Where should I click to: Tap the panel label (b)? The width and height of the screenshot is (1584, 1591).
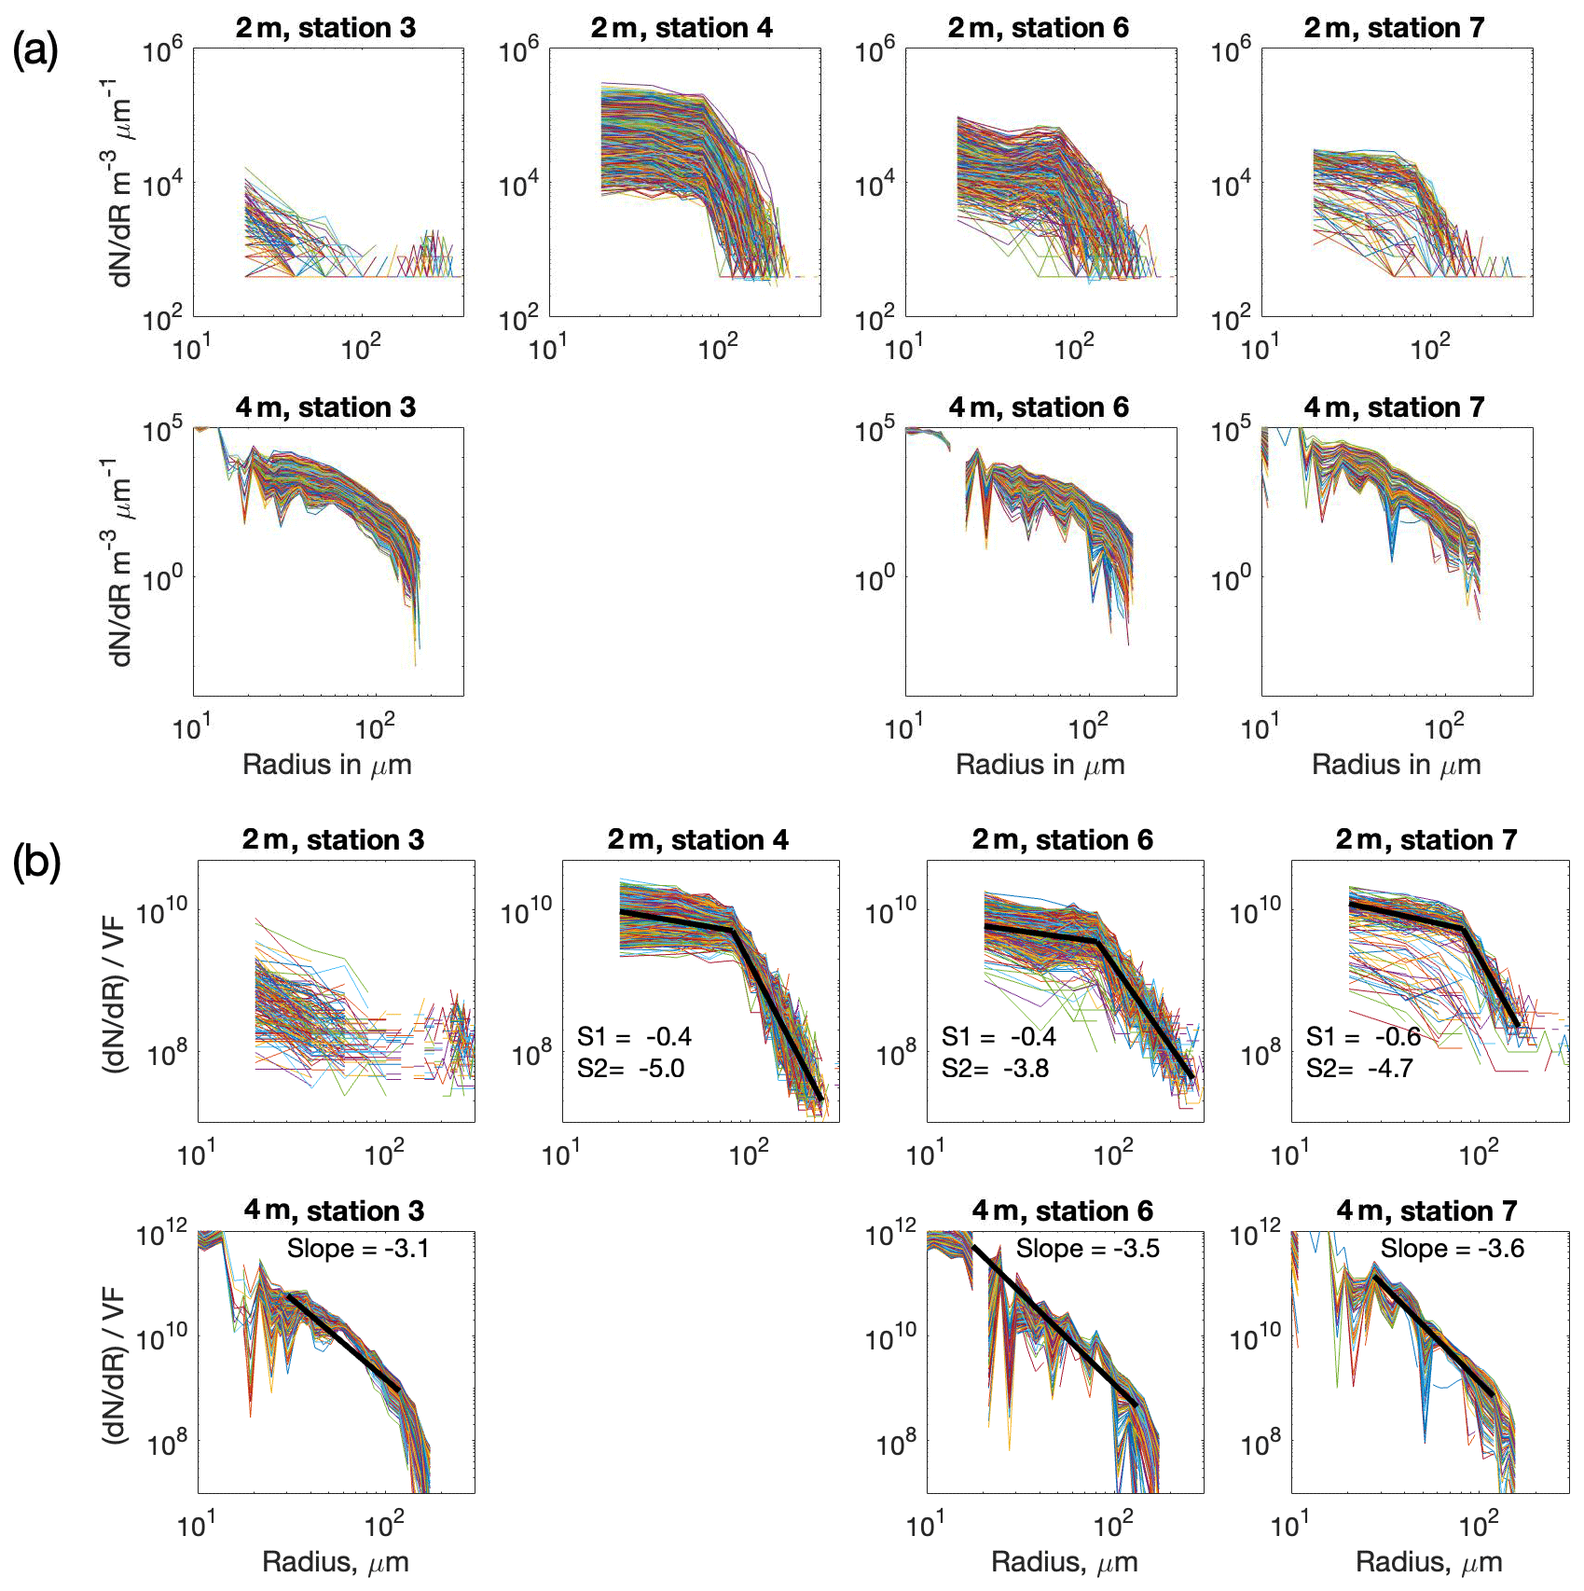[36, 863]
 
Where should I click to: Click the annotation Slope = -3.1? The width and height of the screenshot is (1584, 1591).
[358, 1249]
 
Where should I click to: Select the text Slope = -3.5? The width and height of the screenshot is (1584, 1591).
[1087, 1249]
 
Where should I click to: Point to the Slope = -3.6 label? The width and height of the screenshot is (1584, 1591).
[1452, 1249]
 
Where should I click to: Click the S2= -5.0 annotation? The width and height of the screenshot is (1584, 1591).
[630, 1069]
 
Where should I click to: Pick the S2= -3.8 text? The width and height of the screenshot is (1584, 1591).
[995, 1069]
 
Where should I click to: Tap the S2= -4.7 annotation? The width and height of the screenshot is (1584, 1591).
[1359, 1069]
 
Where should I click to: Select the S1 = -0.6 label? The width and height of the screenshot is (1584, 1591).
[1363, 1037]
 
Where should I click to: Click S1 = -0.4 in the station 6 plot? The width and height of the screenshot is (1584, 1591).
[999, 1037]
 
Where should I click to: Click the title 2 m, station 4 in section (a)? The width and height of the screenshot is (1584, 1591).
[682, 28]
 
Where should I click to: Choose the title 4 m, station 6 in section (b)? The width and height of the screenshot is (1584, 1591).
[1062, 1211]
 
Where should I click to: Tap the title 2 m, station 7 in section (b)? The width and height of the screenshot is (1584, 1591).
[1426, 840]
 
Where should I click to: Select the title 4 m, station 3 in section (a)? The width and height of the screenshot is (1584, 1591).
[325, 408]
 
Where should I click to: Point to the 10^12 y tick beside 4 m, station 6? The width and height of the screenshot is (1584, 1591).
[891, 1236]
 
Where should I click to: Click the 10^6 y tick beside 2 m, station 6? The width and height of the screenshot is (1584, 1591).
[875, 50]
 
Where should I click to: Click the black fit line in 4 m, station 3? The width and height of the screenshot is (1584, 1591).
[343, 1343]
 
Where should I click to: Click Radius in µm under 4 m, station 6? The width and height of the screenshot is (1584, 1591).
[1040, 766]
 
